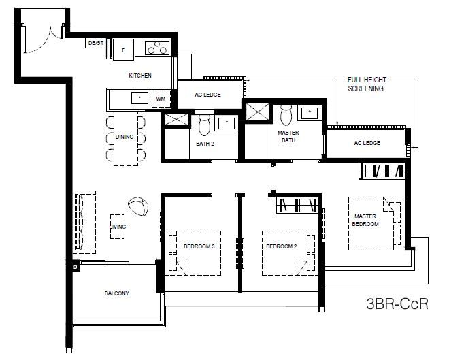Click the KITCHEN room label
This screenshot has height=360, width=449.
(x=140, y=76)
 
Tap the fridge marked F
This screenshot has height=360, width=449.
(x=123, y=50)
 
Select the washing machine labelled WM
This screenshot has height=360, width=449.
(x=161, y=99)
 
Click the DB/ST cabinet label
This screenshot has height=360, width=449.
(x=96, y=44)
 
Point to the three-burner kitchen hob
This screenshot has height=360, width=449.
(x=157, y=48)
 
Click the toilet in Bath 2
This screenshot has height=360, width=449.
(x=204, y=125)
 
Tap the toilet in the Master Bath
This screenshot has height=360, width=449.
(x=286, y=115)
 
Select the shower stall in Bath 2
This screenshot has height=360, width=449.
(x=176, y=119)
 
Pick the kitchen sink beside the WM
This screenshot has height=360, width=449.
(x=139, y=98)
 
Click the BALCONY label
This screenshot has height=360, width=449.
(x=116, y=293)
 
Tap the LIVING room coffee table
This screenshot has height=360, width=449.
(x=118, y=227)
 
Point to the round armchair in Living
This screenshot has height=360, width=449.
(x=138, y=206)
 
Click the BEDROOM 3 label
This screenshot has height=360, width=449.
(x=199, y=246)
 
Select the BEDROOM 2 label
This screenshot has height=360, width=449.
(x=281, y=246)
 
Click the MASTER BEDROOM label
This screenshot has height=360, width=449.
(x=365, y=220)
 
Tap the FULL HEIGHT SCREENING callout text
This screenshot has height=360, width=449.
(x=367, y=84)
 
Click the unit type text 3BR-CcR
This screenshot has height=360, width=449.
(x=397, y=304)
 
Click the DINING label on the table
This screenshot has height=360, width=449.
(x=124, y=137)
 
